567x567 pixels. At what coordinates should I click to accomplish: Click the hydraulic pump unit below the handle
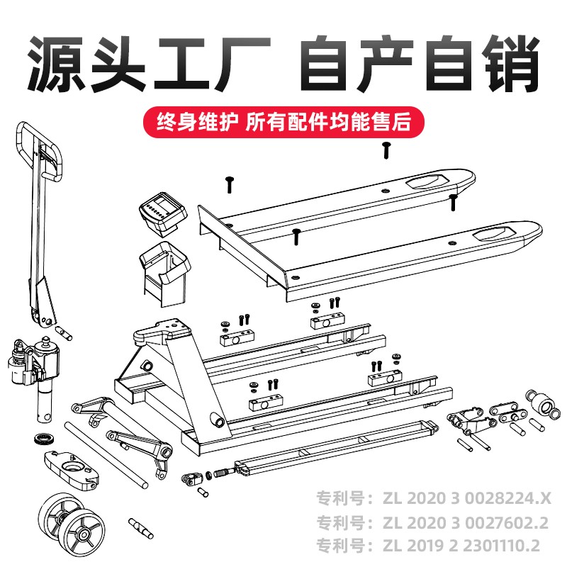click(34, 376)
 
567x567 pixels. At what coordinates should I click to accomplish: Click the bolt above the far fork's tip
click(386, 150)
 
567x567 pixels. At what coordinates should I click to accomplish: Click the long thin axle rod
click(106, 455)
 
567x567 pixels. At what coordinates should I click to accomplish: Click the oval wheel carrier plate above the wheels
click(72, 469)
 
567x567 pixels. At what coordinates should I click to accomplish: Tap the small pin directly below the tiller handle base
click(64, 333)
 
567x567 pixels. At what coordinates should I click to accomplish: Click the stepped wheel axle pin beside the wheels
click(140, 528)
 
